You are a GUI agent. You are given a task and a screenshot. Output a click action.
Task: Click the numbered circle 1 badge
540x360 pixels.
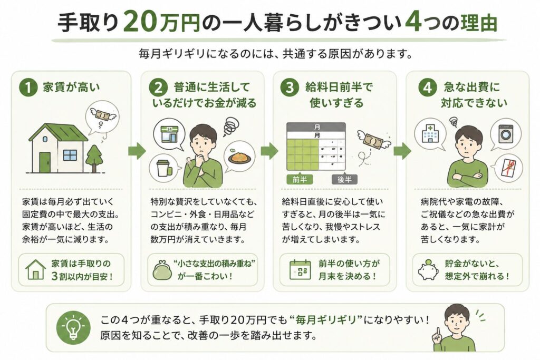tap(28, 87)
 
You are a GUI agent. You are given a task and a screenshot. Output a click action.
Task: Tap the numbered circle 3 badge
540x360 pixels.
tap(290, 87)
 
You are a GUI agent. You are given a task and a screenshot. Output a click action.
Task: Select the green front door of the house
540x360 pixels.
tap(45, 162)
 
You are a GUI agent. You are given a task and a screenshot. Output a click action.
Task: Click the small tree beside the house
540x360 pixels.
tap(94, 158)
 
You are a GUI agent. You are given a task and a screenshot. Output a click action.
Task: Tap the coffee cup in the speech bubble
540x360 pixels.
tap(163, 168)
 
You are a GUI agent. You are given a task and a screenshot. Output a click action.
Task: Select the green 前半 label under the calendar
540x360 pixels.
tap(300, 179)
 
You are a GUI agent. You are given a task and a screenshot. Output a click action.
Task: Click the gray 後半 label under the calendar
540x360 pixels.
tap(344, 179)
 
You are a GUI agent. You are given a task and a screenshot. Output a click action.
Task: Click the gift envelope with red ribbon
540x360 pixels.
tap(508, 168)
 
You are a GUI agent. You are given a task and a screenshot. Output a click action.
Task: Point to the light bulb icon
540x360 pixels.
tap(73, 328)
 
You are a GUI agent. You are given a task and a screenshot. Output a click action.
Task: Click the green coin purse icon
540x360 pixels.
tap(162, 270)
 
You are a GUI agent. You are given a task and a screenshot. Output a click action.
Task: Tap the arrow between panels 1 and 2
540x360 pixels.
tap(137, 151)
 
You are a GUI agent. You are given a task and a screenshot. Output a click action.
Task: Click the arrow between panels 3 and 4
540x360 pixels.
tap(402, 151)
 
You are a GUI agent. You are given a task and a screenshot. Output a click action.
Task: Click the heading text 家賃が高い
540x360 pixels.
tap(71, 87)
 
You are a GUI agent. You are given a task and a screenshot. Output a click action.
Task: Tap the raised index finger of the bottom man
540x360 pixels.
tap(438, 332)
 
